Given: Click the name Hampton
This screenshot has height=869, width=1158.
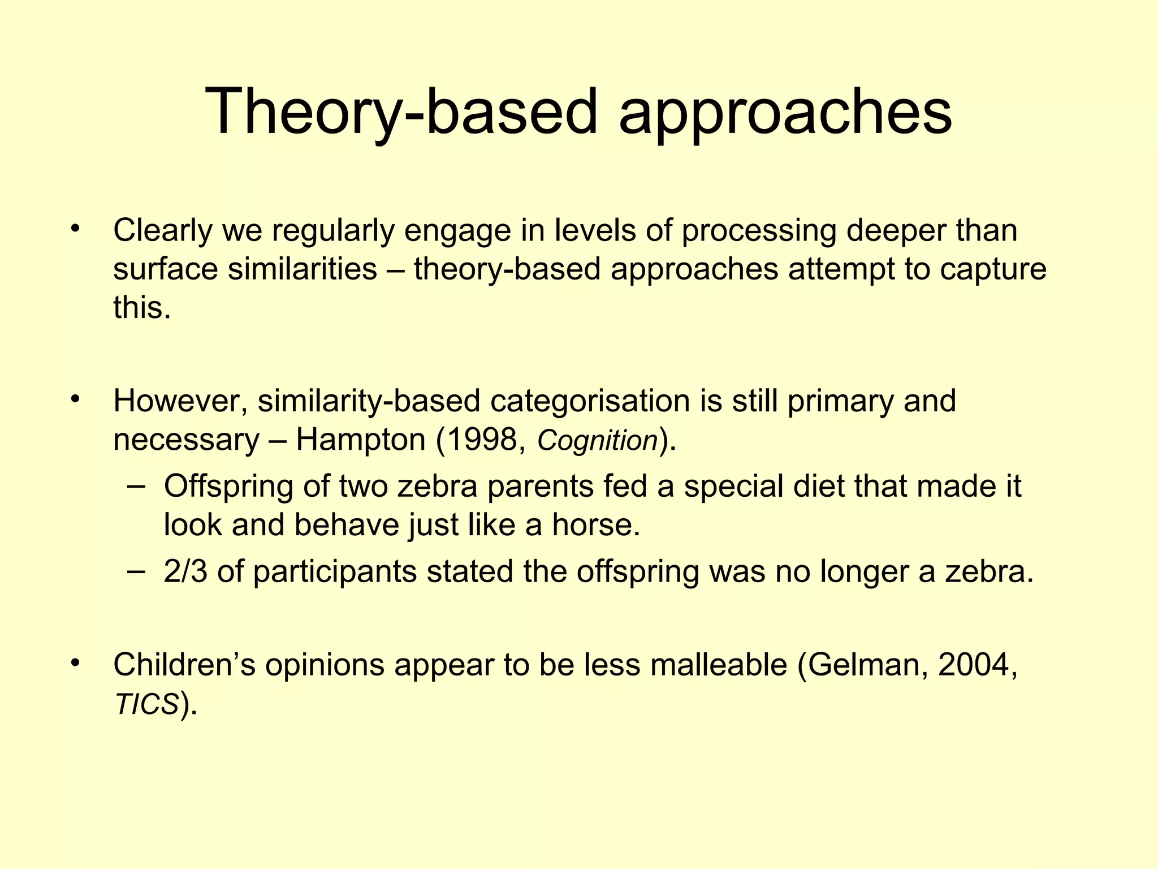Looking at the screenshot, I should click(x=360, y=440).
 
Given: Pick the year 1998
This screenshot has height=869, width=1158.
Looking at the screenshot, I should click(x=483, y=440).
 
